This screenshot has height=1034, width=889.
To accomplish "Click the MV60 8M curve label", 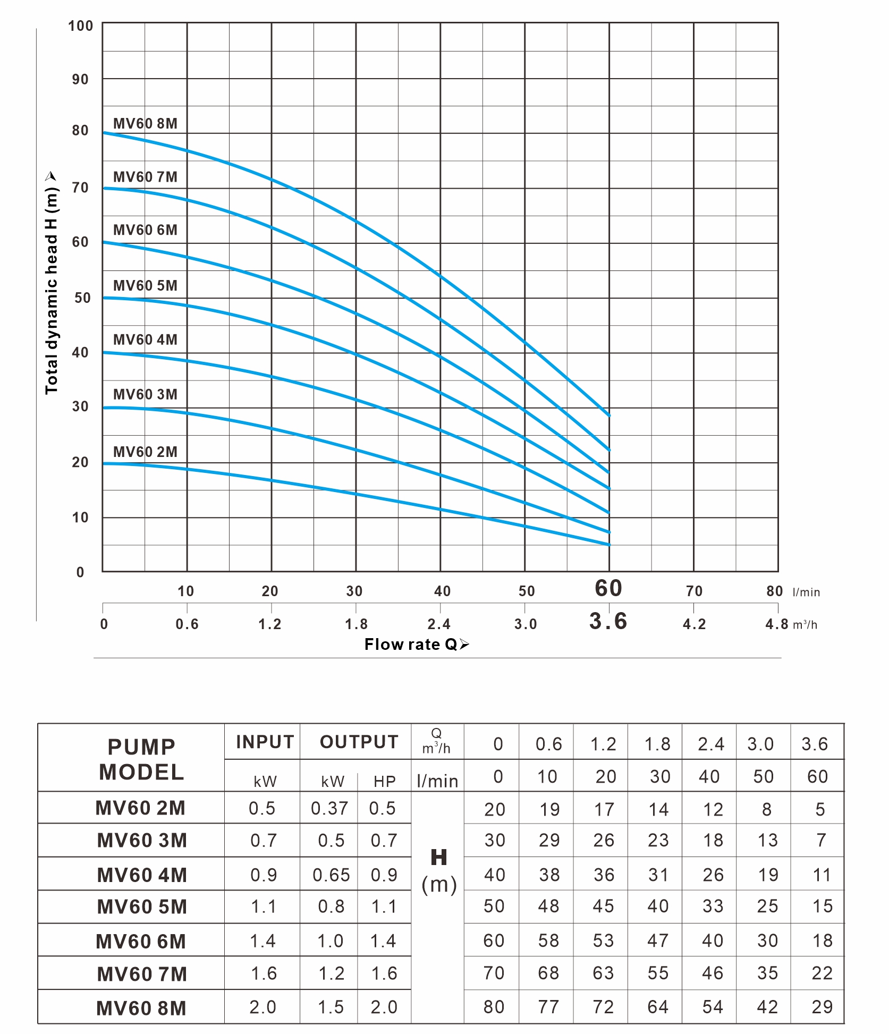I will pos(145,123).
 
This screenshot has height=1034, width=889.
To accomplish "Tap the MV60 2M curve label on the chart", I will pos(145,452).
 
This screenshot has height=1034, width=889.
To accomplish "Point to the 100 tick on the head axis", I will pos(80,26).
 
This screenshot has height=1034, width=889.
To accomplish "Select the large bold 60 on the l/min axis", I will pos(608,588).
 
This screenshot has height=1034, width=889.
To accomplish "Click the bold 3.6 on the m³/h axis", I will pos(608,621).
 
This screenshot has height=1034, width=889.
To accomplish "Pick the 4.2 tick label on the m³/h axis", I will pos(694,624).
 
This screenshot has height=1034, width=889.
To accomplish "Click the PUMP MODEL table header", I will pos(141,759).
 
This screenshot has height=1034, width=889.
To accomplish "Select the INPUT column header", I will pos(265,742).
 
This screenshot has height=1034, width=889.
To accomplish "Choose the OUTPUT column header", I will pos(359,742).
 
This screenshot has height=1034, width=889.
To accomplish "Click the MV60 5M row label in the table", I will pos(142,907).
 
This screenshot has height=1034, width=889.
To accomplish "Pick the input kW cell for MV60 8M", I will pos(263,1007).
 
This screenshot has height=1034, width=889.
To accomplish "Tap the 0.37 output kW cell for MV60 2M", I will pos(329,808).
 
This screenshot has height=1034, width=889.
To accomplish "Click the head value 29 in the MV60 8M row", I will pos(822,1007).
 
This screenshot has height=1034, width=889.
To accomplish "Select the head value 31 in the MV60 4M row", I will pos(658,875).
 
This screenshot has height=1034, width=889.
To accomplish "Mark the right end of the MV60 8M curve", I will pos(609,415).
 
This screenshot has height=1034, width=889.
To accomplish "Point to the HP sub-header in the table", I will pos(384,781).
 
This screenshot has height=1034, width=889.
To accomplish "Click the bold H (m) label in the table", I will pos(439,871).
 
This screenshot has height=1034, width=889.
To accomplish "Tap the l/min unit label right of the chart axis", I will pos(806,592).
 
